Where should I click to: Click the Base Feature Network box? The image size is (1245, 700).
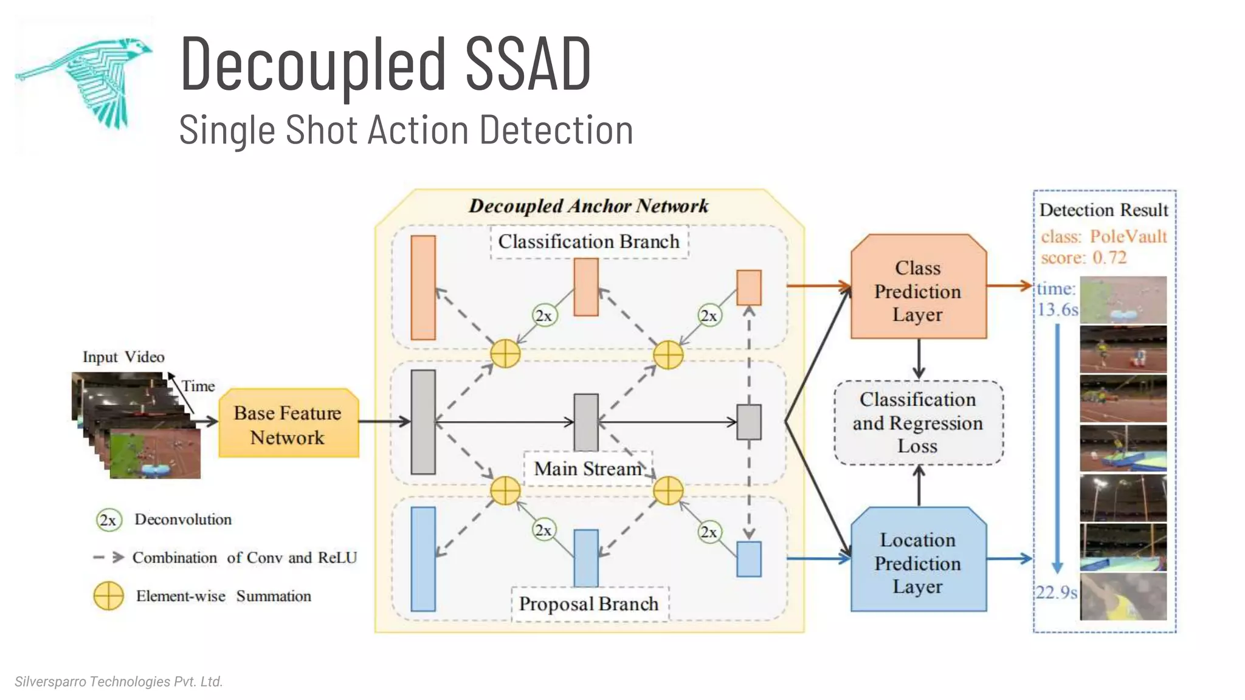pos(288,424)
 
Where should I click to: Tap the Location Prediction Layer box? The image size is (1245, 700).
pos(918,561)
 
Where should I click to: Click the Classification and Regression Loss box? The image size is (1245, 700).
pos(918,422)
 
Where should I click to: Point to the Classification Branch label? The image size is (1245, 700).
pos(588,242)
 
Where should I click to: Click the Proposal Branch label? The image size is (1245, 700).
pos(588,604)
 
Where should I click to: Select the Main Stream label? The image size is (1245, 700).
pos(587,468)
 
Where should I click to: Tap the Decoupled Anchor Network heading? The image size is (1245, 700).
pos(588,206)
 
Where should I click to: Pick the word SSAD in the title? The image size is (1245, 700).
pos(528,64)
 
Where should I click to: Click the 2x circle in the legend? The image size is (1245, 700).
pos(108,520)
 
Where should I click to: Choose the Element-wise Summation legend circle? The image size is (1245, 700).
pos(108,596)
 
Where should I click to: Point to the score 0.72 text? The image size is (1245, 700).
pos(1083,258)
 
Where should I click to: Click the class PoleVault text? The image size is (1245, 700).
pos(1103,236)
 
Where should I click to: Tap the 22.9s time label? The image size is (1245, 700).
pos(1057,592)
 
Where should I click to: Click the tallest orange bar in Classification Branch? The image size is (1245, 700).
pos(423,287)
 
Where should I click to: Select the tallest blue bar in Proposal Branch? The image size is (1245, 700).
pos(423,558)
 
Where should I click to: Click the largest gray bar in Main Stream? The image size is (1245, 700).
pos(423,422)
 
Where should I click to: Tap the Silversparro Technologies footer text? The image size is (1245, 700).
pos(119,681)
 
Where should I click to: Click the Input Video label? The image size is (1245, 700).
pos(123,357)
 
